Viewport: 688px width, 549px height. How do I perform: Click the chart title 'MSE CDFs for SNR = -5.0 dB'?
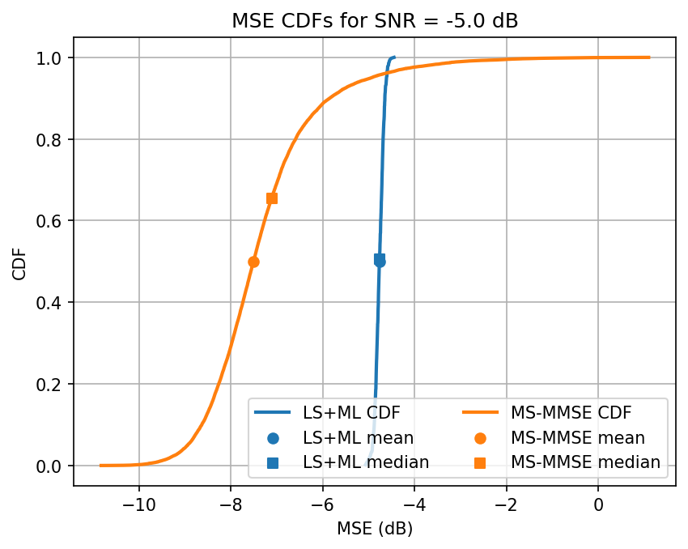tap(375, 21)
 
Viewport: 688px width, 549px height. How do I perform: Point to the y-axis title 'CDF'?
tap(19, 262)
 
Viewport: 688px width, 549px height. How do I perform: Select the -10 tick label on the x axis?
tap(138, 505)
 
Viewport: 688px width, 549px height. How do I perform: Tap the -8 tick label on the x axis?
tap(231, 505)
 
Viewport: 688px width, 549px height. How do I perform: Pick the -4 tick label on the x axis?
tap(414, 505)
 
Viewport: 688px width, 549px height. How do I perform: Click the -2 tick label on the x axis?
tap(506, 505)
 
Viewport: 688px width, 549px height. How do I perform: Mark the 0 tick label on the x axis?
tap(598, 505)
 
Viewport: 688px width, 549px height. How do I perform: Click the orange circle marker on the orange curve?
tap(253, 262)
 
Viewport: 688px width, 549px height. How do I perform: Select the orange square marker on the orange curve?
tap(272, 198)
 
